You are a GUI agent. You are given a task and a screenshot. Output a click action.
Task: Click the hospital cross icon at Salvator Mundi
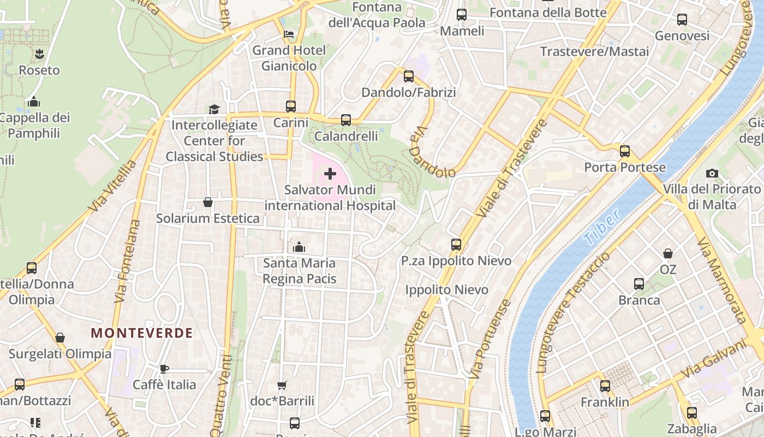pyautogui.click(x=330, y=174)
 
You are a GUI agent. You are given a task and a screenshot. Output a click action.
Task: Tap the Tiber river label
pyautogui.click(x=601, y=227)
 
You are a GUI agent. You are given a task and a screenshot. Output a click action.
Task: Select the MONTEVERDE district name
pyautogui.click(x=142, y=333)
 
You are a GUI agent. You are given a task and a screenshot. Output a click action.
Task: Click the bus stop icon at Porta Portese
pyautogui.click(x=625, y=151)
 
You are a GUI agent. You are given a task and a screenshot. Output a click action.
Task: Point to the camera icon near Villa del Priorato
pyautogui.click(x=712, y=173)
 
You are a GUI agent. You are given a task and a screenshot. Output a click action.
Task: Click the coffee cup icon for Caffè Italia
pyautogui.click(x=164, y=369)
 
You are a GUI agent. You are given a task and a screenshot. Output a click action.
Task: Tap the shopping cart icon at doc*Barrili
pyautogui.click(x=282, y=385)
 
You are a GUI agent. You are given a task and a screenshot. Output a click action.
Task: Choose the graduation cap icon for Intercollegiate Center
pyautogui.click(x=214, y=109)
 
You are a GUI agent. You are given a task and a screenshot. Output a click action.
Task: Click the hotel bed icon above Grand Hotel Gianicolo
pyautogui.click(x=289, y=34)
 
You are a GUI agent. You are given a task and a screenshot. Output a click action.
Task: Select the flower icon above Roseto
pyautogui.click(x=39, y=54)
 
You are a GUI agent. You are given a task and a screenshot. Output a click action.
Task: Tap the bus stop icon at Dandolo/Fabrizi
pyautogui.click(x=409, y=76)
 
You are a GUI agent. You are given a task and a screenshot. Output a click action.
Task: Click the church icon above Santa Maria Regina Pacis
pyautogui.click(x=299, y=247)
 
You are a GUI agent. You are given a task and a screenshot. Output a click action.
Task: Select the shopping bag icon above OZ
pyautogui.click(x=668, y=253)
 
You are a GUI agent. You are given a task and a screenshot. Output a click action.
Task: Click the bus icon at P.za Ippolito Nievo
pyautogui.click(x=456, y=245)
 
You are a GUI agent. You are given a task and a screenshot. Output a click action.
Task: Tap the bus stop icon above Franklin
pyautogui.click(x=605, y=386)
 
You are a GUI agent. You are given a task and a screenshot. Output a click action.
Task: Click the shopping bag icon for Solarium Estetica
pyautogui.click(x=208, y=202)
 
